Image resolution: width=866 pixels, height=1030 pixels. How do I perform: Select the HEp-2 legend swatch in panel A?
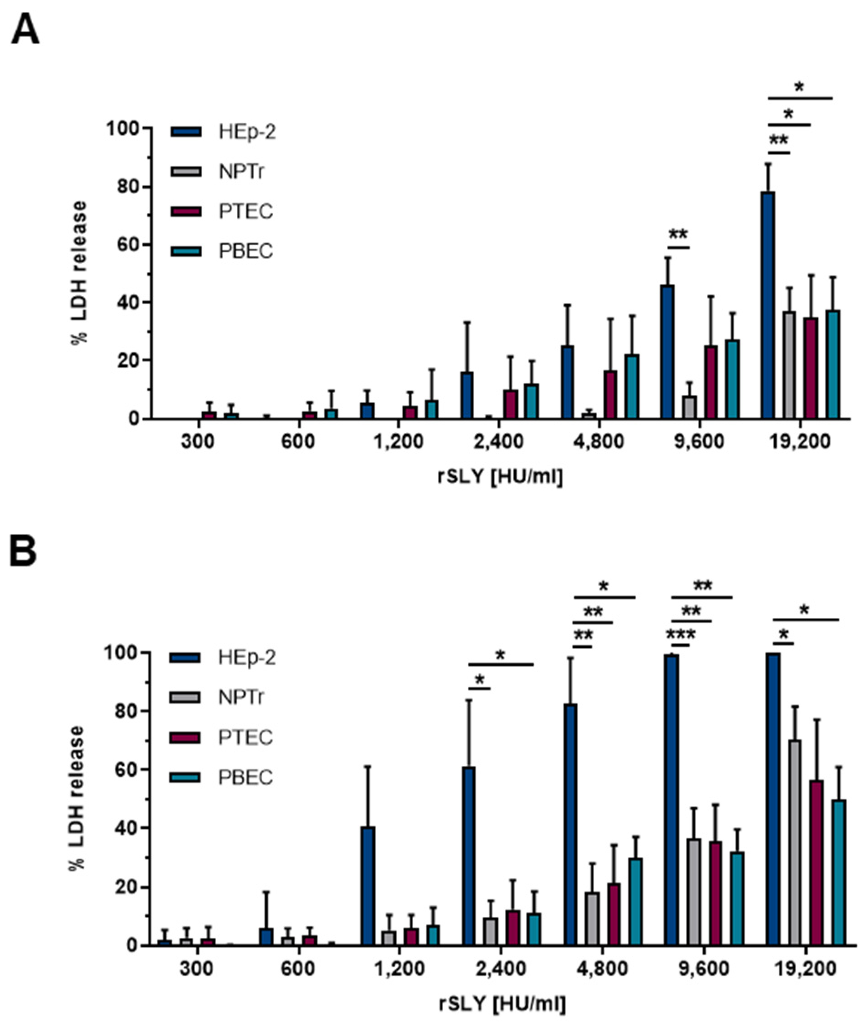186,131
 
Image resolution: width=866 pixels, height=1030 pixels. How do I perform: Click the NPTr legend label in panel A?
242,172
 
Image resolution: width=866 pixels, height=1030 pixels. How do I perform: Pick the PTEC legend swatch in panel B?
185,738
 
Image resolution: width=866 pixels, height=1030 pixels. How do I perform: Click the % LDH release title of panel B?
78,797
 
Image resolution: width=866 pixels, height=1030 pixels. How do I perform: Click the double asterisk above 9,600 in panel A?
678,235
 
